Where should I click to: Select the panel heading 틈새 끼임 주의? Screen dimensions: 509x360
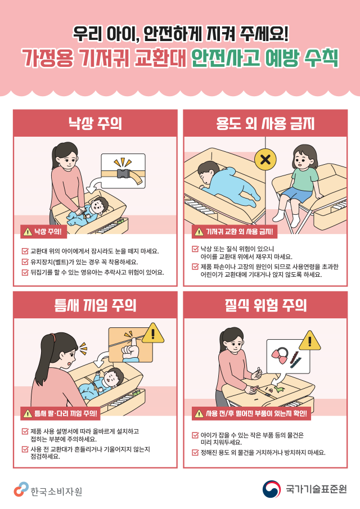click(94, 305)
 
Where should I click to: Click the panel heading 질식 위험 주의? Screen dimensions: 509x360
click(265, 305)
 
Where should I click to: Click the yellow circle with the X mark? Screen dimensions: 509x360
click(265, 159)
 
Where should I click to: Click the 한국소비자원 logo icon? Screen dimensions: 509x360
click(21, 489)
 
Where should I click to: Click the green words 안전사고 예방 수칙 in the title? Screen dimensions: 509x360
click(264, 58)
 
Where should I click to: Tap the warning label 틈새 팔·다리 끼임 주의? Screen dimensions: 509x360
click(61, 414)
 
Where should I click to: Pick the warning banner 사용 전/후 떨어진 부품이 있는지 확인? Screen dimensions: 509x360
click(251, 415)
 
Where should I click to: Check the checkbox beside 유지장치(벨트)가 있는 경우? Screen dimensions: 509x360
click(25, 262)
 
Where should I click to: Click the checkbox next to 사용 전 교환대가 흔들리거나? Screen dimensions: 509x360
click(25, 449)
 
